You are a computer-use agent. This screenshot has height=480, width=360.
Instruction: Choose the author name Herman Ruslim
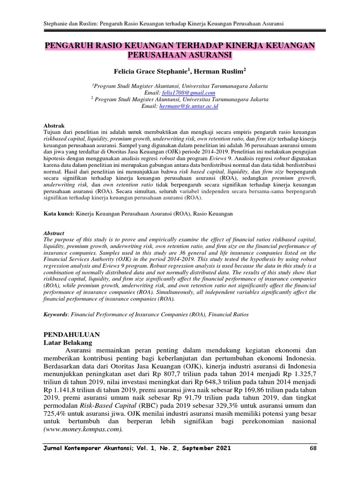tap(224, 71)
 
